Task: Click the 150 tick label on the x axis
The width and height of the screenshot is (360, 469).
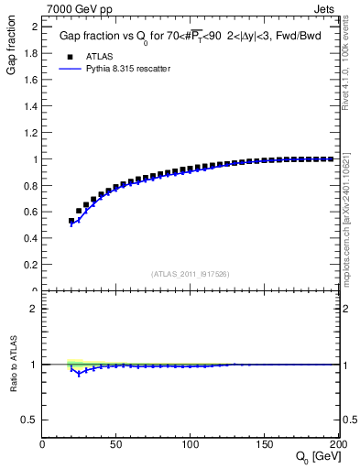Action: pyautogui.click(x=265, y=445)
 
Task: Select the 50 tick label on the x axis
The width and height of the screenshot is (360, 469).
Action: pyautogui.click(x=116, y=445)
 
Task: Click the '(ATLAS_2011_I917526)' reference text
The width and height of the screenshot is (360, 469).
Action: pyautogui.click(x=191, y=273)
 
